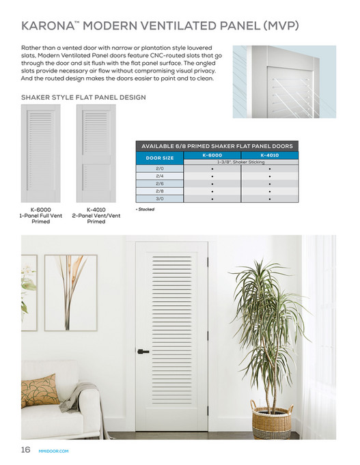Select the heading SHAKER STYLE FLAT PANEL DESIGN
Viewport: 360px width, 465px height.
click(83, 98)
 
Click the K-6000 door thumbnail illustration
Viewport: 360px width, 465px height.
click(41, 154)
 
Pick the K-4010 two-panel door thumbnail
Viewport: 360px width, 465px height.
click(96, 154)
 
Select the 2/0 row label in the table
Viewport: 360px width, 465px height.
click(160, 168)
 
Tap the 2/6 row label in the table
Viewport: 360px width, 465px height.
click(160, 184)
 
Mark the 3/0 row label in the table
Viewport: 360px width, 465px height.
click(160, 199)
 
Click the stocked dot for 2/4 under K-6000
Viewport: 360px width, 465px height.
click(212, 176)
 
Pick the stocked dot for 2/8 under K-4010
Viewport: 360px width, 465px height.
click(270, 192)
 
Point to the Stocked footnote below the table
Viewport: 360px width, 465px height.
click(145, 210)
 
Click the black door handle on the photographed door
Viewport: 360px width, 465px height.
click(143, 352)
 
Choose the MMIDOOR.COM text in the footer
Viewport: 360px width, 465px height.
click(55, 450)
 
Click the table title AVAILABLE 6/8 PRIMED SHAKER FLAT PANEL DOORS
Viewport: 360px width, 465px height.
click(217, 146)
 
